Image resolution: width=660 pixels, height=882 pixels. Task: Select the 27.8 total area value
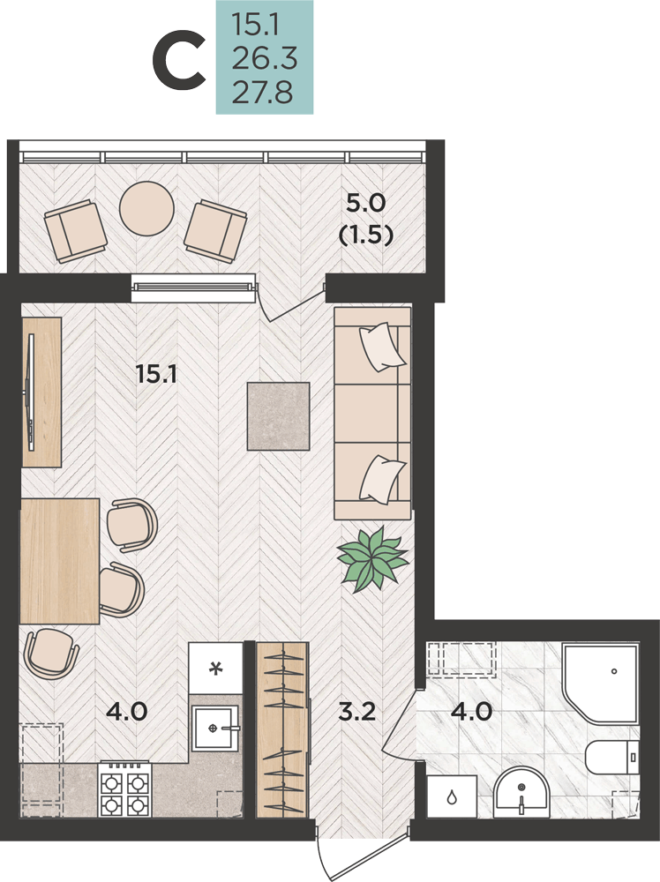point(262,93)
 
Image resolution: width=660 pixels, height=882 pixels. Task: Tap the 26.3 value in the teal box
point(265,58)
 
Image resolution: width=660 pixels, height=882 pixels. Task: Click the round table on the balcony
point(146,208)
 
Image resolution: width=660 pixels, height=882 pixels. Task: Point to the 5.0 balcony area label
point(365,203)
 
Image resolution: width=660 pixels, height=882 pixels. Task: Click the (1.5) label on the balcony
point(365,235)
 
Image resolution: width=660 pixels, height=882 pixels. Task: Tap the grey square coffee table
point(279,416)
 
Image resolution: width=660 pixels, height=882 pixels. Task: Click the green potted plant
point(372,558)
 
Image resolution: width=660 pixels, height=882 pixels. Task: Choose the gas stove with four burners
point(125,789)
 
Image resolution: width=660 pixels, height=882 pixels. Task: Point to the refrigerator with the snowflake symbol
point(215,669)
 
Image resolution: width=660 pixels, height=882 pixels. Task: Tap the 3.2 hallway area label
point(356,712)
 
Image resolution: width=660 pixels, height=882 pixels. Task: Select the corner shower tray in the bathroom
point(600,683)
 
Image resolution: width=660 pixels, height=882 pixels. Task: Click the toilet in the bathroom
point(612,757)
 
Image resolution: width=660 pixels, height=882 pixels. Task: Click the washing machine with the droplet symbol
point(452,796)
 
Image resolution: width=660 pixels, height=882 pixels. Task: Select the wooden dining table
point(60,561)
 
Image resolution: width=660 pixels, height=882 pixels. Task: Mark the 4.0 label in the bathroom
point(472,712)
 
